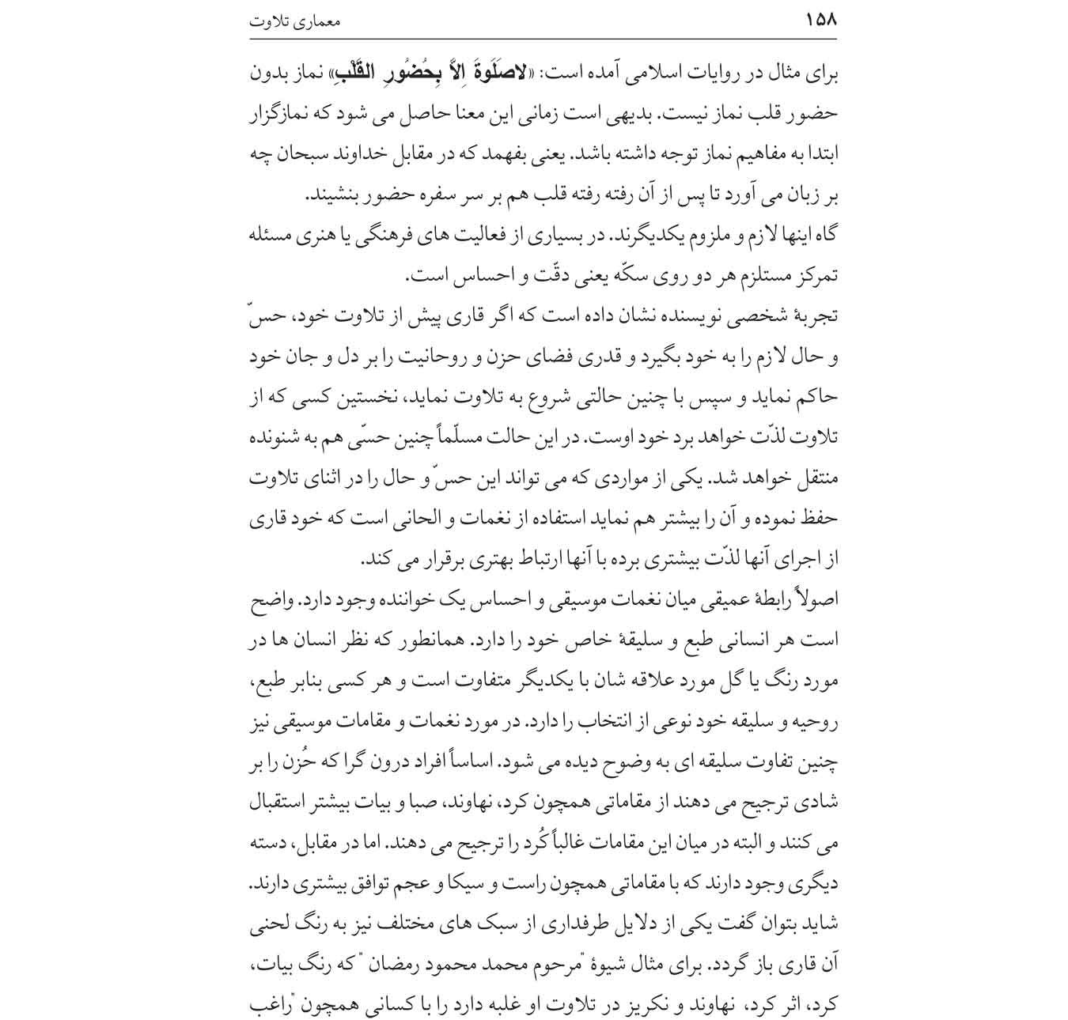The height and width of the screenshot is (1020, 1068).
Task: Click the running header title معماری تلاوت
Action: (x=294, y=21)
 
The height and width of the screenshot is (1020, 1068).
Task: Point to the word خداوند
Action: (x=387, y=155)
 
